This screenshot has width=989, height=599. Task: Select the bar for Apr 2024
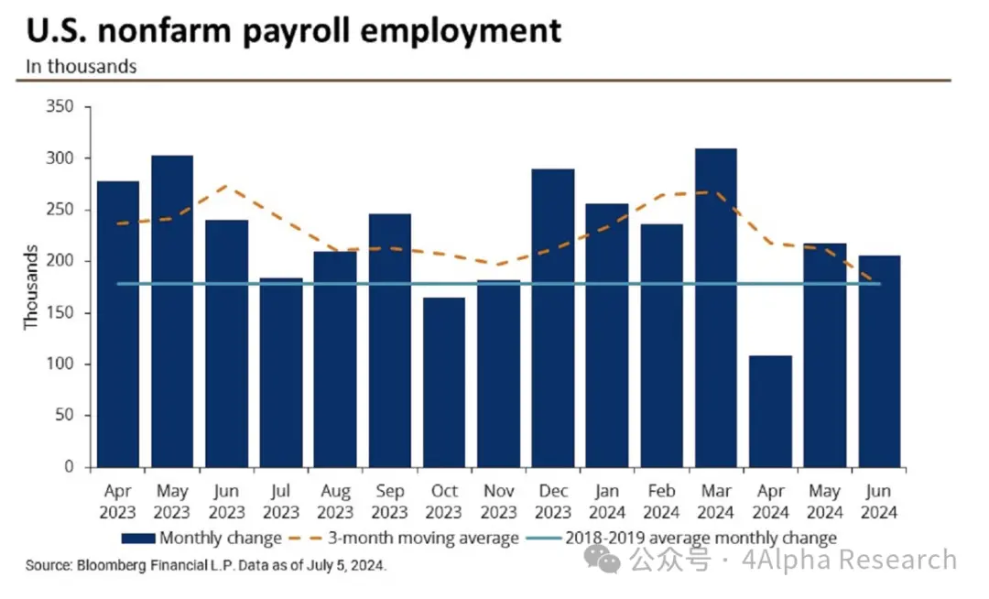point(771,411)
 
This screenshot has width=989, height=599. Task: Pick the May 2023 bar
point(172,311)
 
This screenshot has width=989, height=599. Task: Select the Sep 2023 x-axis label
point(390,502)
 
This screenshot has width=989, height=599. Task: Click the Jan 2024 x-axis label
point(607,502)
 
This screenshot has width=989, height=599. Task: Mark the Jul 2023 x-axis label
point(281,502)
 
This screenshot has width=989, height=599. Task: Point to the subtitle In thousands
point(82,66)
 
